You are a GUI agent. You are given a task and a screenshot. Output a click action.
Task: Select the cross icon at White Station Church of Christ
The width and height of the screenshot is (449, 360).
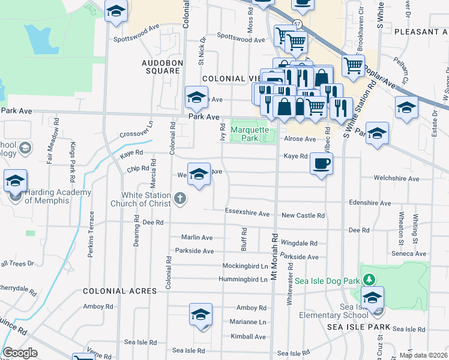[179, 199]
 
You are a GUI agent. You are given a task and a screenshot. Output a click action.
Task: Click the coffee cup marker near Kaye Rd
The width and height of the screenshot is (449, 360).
[321, 164]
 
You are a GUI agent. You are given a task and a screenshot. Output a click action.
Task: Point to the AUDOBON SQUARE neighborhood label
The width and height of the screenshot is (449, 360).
[161, 67]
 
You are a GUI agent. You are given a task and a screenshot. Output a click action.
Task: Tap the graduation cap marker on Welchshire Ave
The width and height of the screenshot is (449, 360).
[199, 174]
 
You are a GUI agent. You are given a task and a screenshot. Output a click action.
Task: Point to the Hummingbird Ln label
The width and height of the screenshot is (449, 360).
[243, 279]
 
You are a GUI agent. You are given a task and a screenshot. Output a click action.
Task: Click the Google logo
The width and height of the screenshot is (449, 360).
[20, 353]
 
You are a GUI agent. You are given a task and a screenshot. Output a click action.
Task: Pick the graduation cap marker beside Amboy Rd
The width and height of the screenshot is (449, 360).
[200, 314]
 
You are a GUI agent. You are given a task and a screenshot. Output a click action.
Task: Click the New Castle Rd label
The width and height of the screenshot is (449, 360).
[303, 215]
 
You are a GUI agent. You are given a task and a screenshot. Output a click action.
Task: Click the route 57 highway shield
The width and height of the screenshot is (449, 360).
[297, 23]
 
